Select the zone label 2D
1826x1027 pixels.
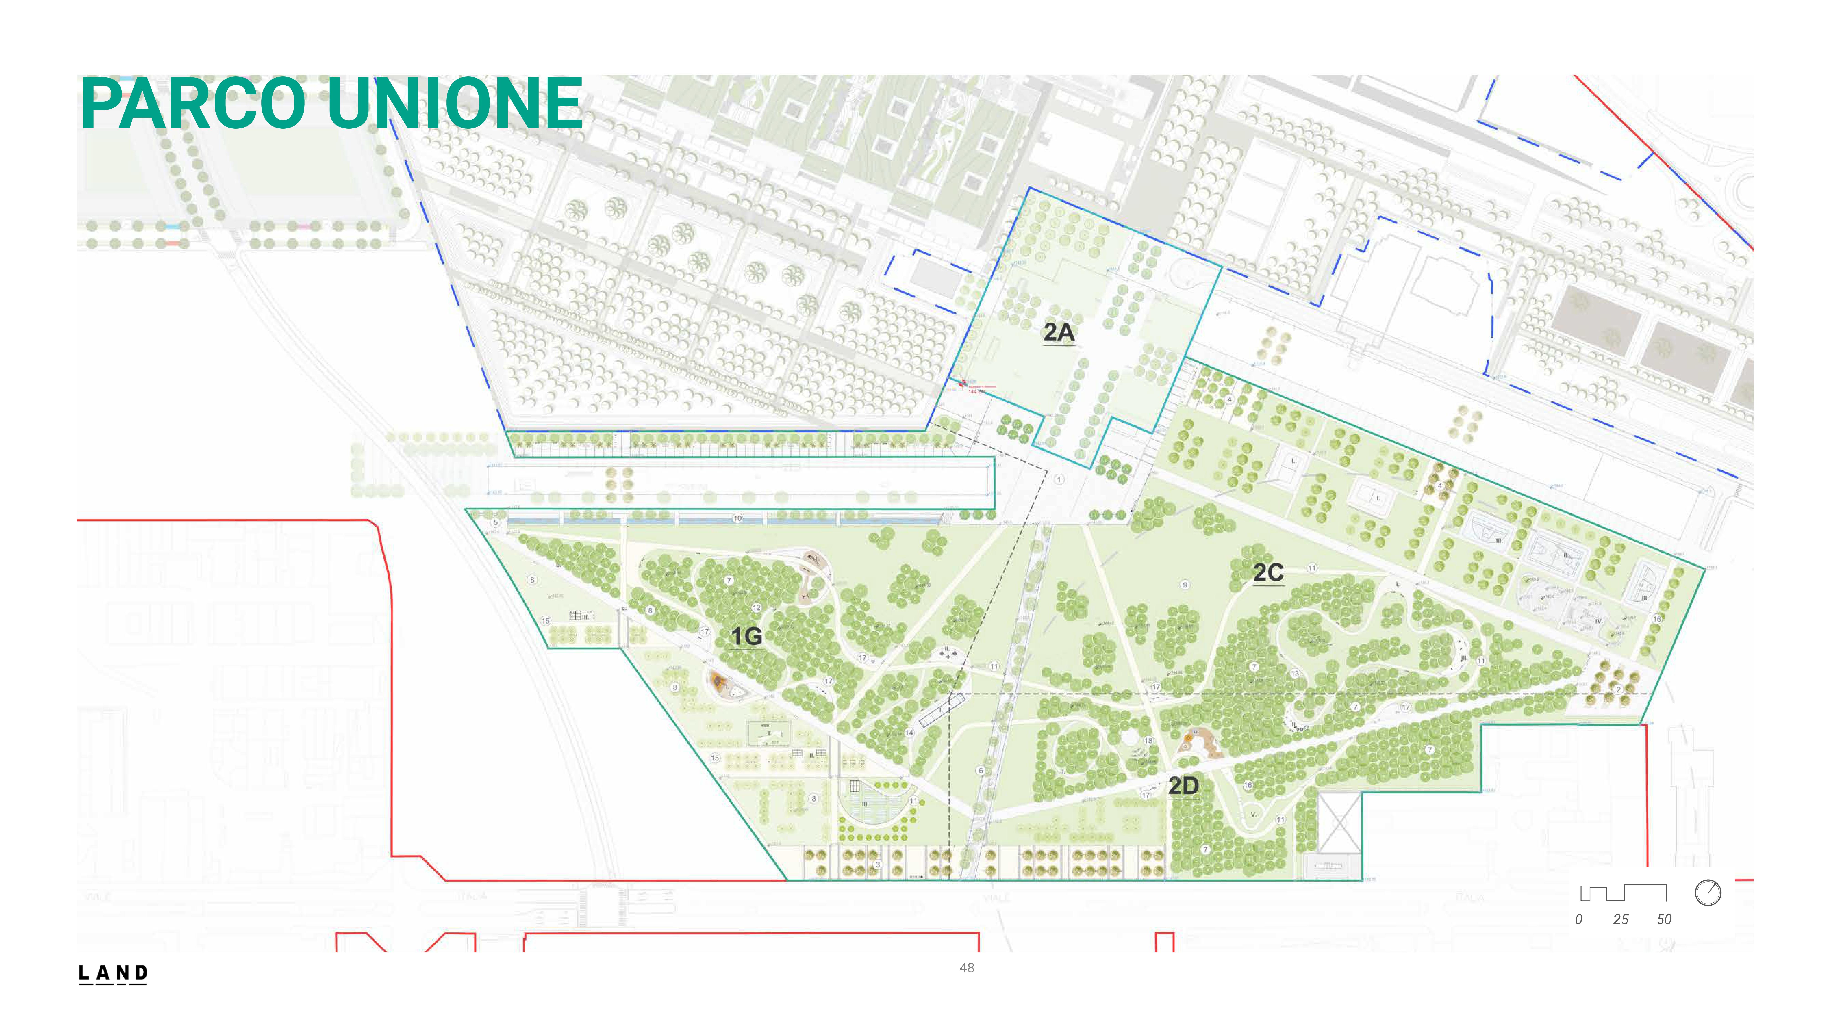(1183, 785)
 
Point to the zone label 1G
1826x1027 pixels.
(746, 637)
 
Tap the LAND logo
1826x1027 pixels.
(113, 973)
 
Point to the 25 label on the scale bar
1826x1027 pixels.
(1620, 919)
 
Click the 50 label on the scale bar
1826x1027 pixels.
(1664, 919)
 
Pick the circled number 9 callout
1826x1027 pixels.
(1184, 585)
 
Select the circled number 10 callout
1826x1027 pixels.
(737, 518)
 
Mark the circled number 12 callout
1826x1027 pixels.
(756, 608)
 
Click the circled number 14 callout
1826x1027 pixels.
(909, 732)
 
